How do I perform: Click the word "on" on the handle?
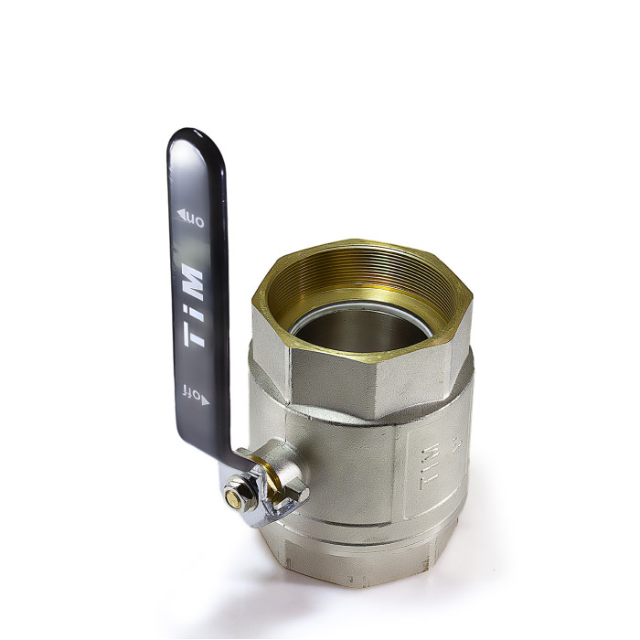click(x=195, y=220)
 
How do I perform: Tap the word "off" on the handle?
click(x=191, y=392)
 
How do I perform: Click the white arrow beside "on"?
click(x=181, y=213)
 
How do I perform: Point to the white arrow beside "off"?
click(x=205, y=400)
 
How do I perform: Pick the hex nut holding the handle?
click(x=240, y=494)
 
